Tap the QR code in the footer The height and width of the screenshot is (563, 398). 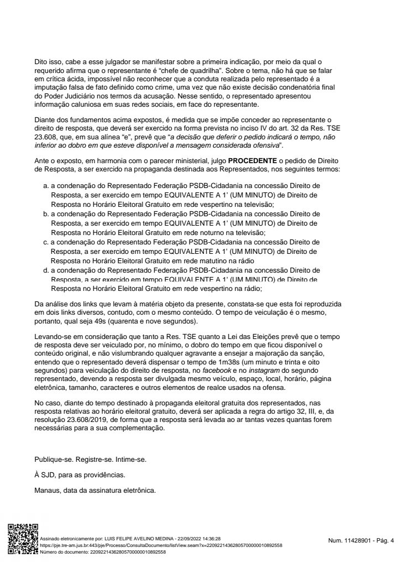(x=22, y=538)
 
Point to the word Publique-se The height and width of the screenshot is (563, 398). (x=53, y=460)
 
